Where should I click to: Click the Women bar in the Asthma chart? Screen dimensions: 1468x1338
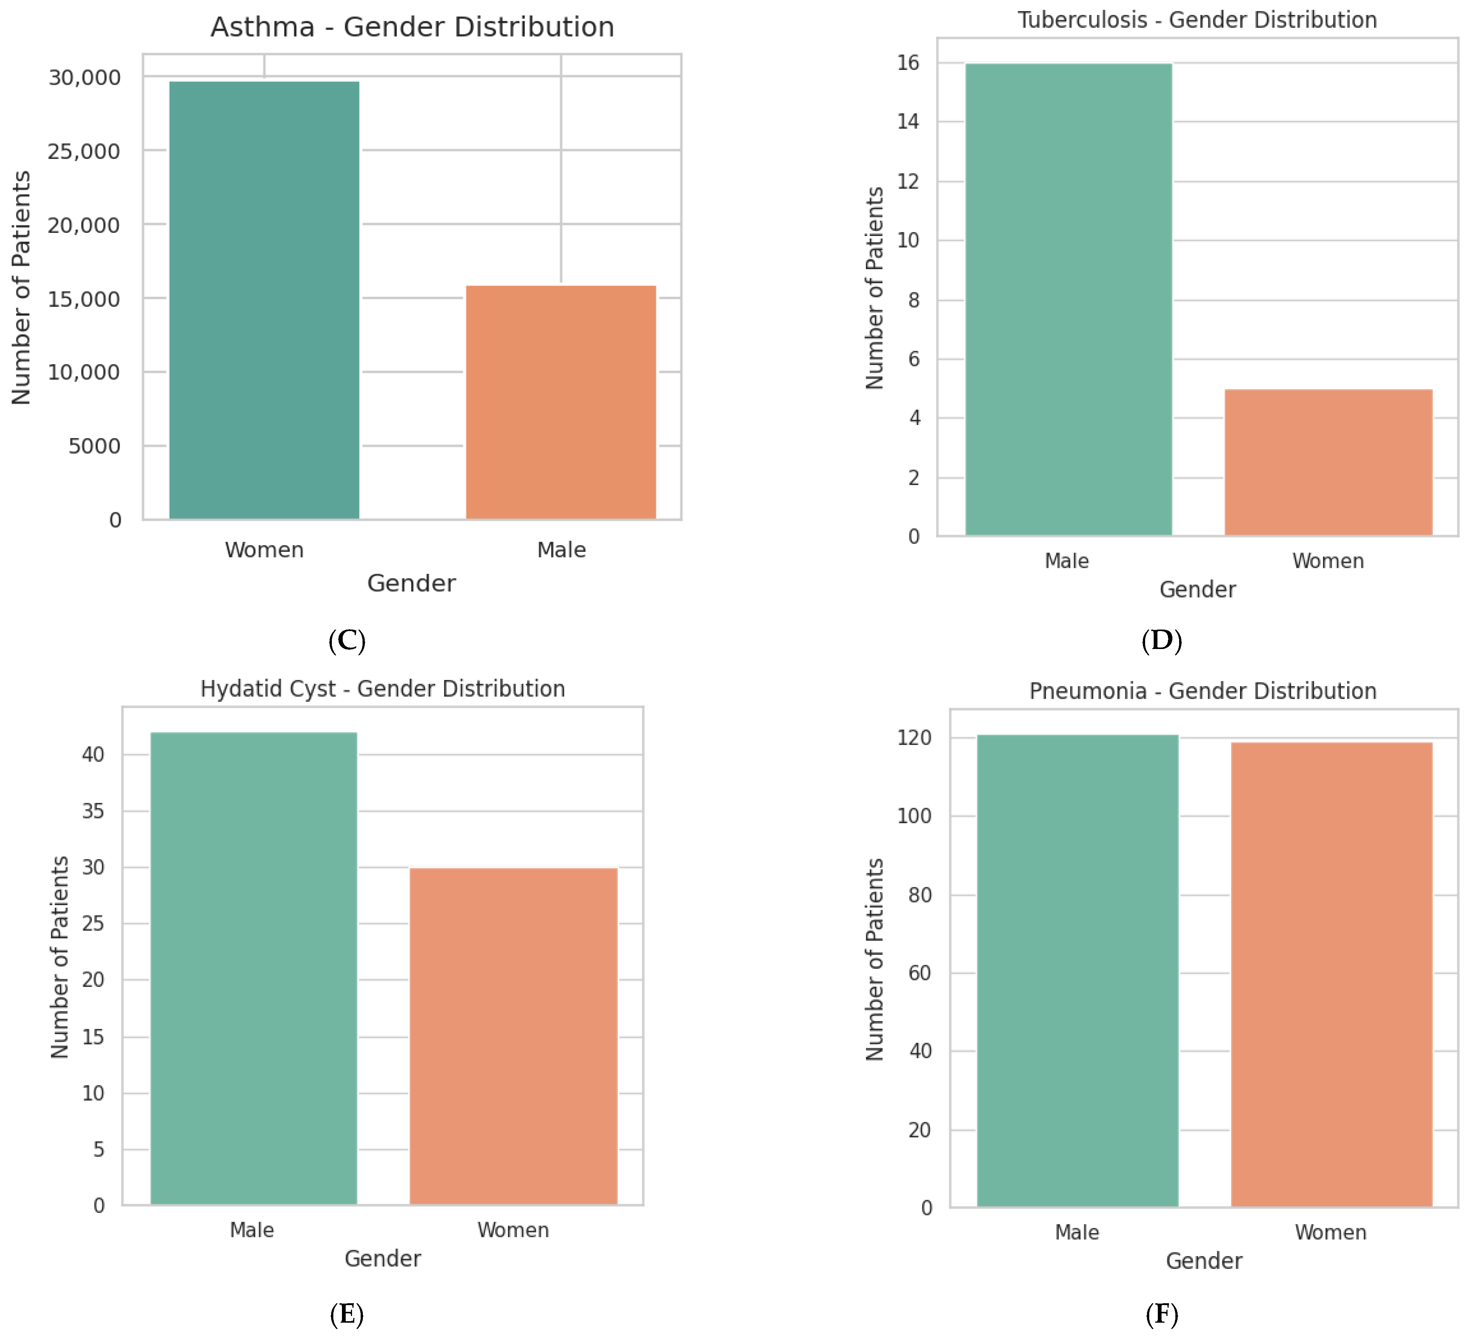pos(264,300)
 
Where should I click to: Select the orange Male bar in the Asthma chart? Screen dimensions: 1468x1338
pos(561,402)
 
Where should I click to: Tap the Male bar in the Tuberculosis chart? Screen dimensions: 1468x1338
pos(1068,299)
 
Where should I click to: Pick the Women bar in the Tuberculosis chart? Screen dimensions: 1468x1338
pos(1328,462)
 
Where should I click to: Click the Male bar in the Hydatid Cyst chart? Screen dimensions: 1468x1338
pos(253,969)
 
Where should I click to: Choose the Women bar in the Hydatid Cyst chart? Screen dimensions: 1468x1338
pos(514,1036)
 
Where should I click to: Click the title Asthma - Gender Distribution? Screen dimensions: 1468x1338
pos(412,27)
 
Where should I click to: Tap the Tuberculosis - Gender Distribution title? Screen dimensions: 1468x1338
pos(1197,20)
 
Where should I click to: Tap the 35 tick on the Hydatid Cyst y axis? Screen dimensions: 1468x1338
pos(93,811)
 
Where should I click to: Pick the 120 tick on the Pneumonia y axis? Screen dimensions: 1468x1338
pos(914,738)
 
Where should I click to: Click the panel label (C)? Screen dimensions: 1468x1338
pos(346,640)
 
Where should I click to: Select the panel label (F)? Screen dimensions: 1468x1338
pos(1162,1314)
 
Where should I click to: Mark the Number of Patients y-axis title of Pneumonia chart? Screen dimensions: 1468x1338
pos(875,959)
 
